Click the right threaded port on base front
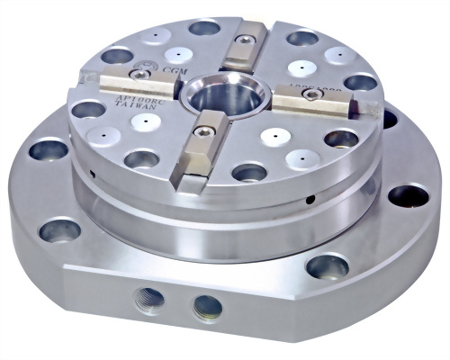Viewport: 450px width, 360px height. (x=207, y=307)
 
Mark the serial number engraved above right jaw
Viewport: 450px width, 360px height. (x=315, y=83)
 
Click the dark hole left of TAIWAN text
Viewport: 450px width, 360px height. (x=87, y=110)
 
